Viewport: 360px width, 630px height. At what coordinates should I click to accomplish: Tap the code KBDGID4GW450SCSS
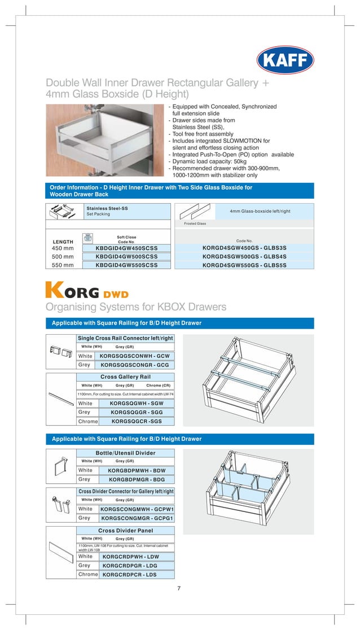126,248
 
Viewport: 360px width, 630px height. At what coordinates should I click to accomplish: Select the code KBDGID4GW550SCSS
126,264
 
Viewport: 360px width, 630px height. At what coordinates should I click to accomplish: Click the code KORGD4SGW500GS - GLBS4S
244,256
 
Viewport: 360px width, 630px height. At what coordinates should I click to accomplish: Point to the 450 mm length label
63,248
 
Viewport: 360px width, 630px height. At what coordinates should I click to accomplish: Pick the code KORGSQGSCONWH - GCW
134,356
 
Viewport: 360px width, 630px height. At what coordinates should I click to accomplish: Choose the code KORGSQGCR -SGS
135,421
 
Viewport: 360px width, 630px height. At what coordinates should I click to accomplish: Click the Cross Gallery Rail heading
125,377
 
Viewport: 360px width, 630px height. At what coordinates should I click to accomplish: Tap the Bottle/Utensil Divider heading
125,453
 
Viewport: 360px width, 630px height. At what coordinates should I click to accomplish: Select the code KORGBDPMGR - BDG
137,479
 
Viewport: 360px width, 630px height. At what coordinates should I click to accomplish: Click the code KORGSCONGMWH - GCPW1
137,509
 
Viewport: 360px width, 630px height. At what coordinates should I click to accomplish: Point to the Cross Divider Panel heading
125,531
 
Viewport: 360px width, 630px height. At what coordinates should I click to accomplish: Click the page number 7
179,589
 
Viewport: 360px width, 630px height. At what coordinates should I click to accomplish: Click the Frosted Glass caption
195,224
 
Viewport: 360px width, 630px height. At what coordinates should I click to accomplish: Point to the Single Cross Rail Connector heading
125,338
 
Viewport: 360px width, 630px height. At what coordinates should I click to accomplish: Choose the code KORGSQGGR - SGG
135,413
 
